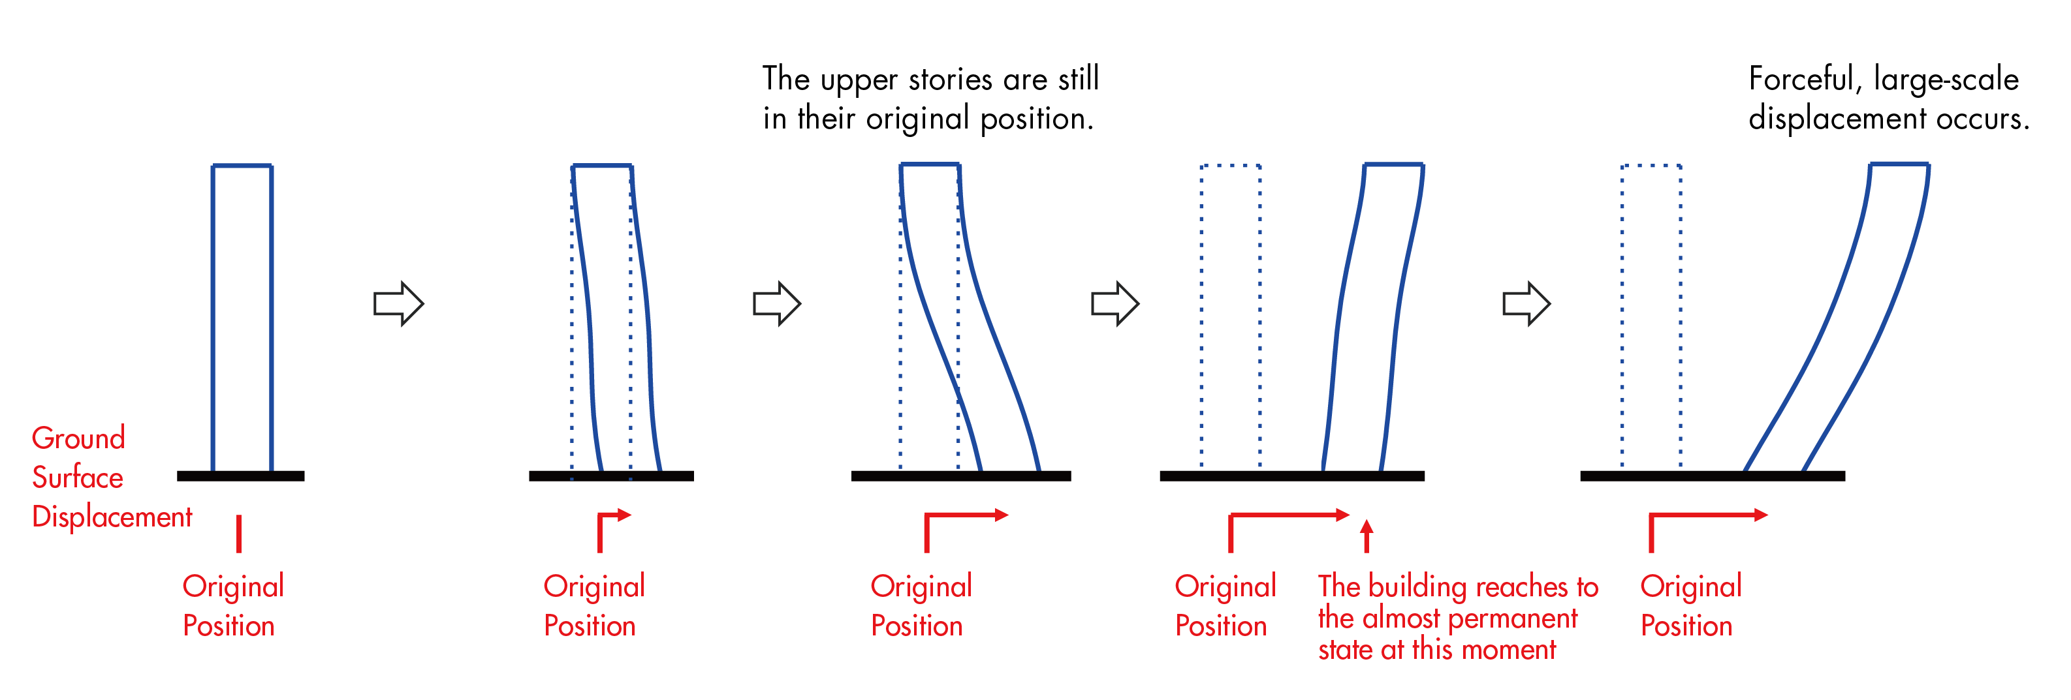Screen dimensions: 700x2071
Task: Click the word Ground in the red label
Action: pos(78,438)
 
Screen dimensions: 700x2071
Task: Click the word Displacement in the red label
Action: pos(112,517)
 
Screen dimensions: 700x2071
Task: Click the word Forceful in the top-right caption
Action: pos(1801,80)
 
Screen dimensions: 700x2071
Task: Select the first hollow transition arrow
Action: pos(398,304)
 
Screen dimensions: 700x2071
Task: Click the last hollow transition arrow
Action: pos(1526,304)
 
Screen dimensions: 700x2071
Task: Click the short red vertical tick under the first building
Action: pos(239,534)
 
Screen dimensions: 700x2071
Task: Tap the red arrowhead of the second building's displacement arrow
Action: pos(625,515)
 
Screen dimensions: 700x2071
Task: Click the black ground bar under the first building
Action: pos(240,476)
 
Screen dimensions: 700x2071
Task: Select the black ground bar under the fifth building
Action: pos(1712,476)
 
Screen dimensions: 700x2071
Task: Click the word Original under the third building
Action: pos(921,586)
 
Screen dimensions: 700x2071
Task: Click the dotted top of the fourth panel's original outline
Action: pos(1230,166)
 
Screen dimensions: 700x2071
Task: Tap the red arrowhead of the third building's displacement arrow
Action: pos(1001,515)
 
